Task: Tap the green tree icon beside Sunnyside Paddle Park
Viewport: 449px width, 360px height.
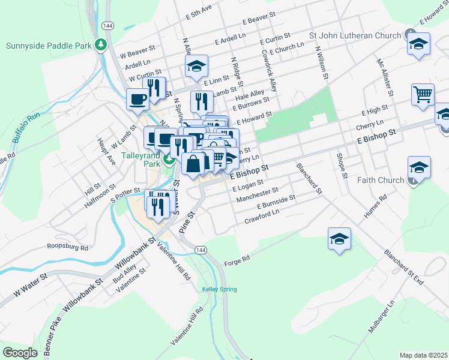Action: (102, 44)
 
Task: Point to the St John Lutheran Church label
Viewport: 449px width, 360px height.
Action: (354, 36)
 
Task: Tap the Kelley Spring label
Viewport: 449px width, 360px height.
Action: (219, 289)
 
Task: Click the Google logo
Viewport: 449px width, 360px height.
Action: (20, 353)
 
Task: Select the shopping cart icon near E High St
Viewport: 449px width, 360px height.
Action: (423, 94)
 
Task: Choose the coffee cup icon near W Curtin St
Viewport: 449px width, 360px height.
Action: (137, 98)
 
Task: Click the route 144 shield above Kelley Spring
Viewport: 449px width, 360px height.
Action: (200, 250)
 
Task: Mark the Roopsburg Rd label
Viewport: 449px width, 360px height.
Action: (68, 247)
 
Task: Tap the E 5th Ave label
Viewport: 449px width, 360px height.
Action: (199, 11)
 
